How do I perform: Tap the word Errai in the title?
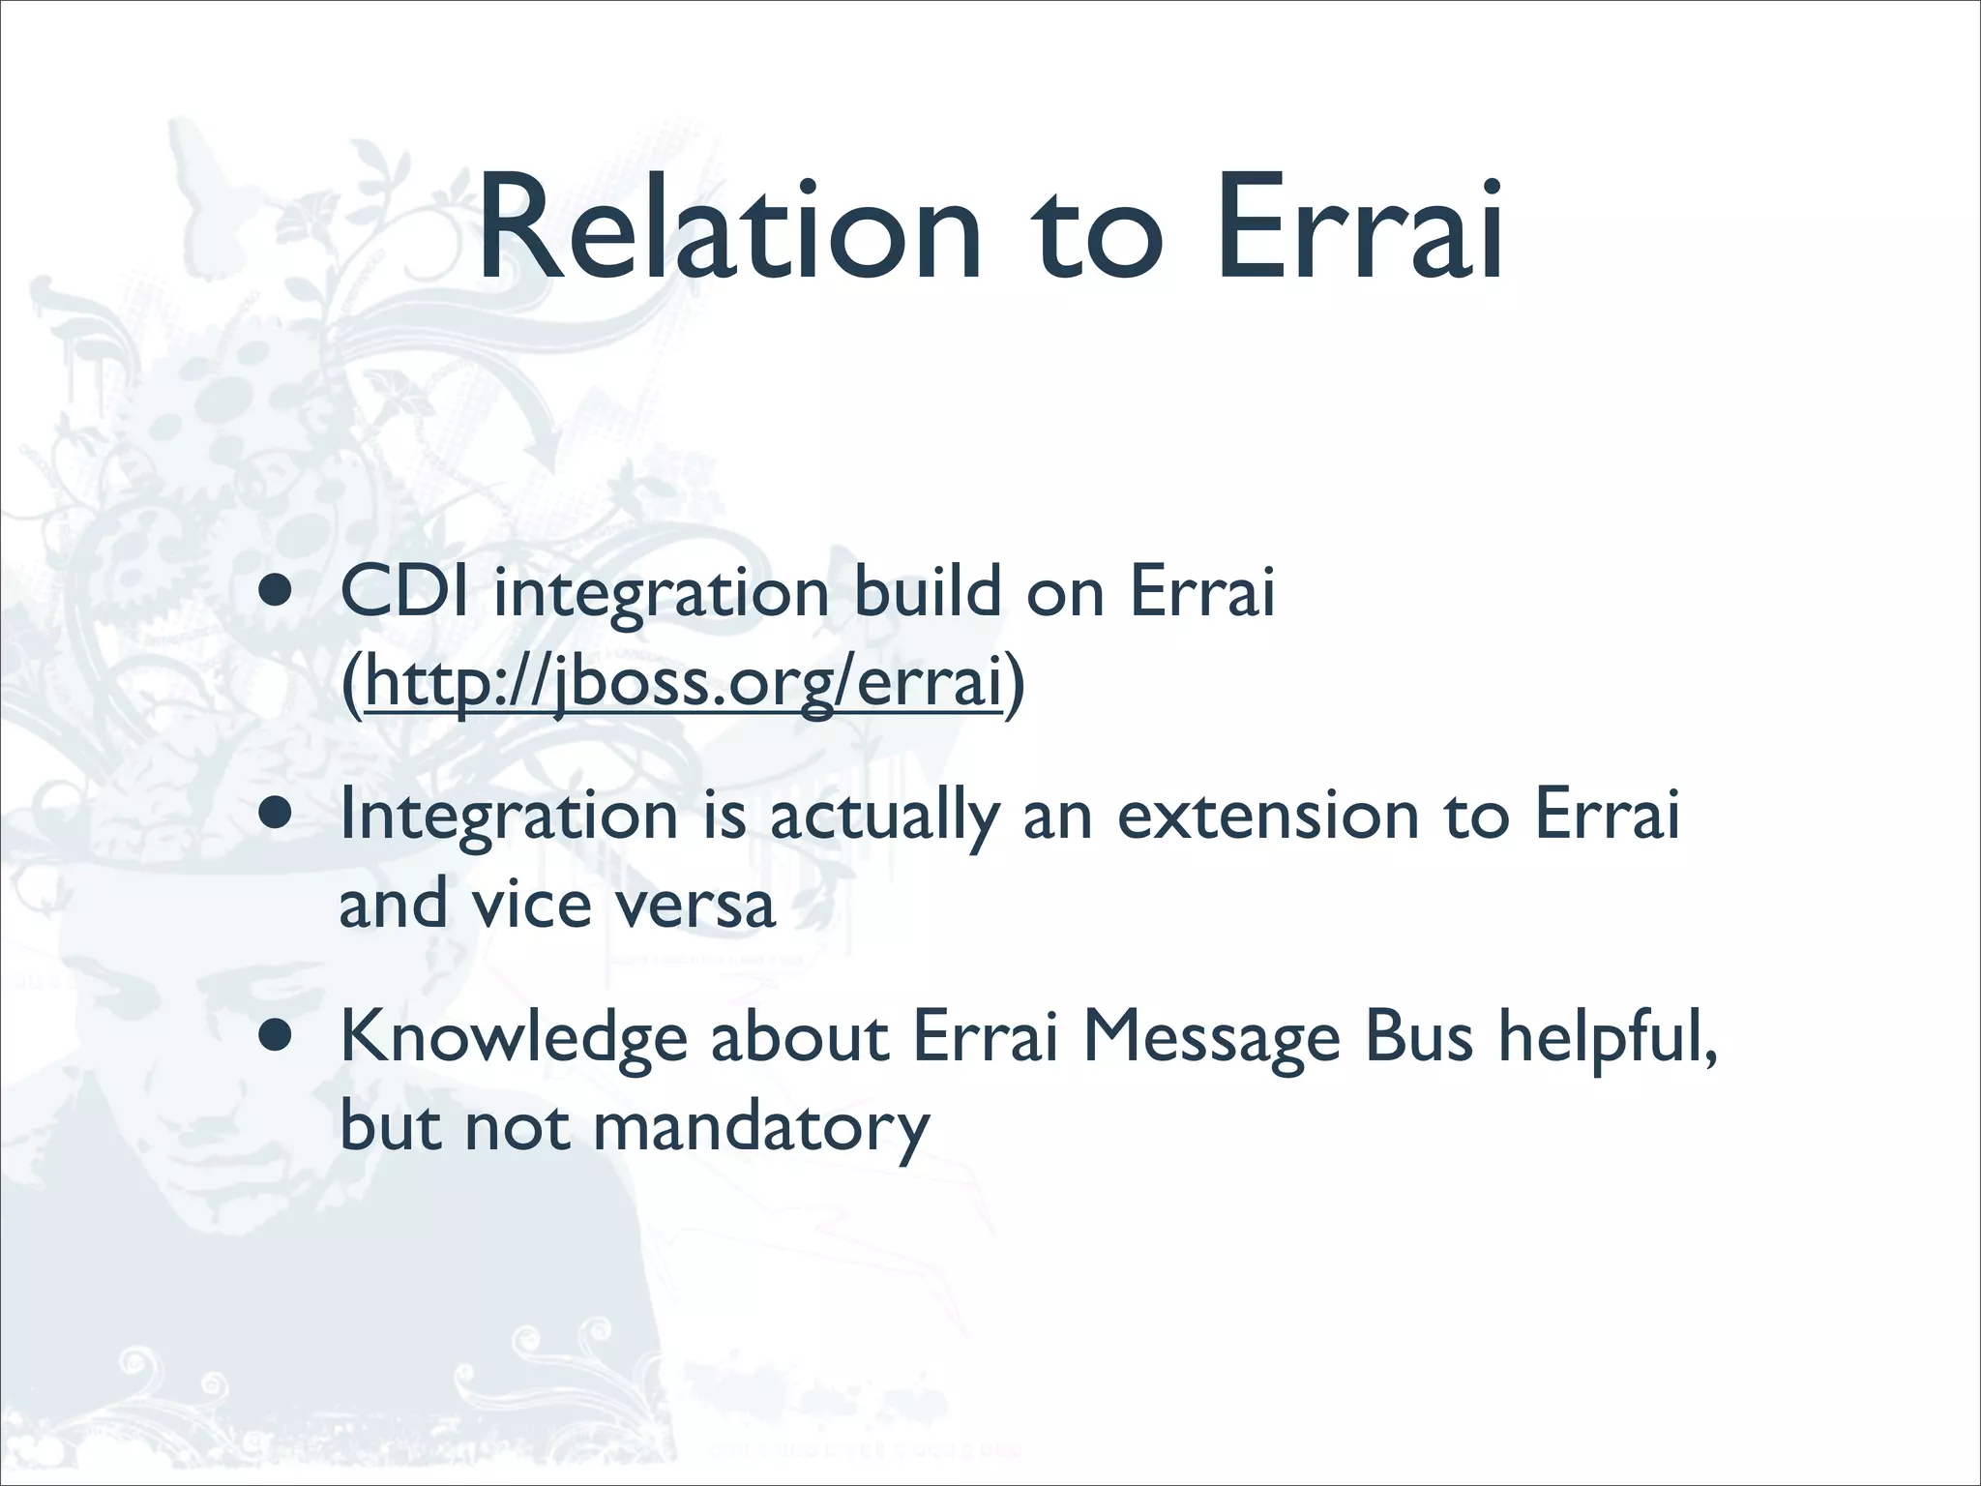pos(1359,230)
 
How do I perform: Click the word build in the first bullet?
pos(927,592)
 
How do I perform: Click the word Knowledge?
pos(514,1039)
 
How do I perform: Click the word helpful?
pos(1607,1039)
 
